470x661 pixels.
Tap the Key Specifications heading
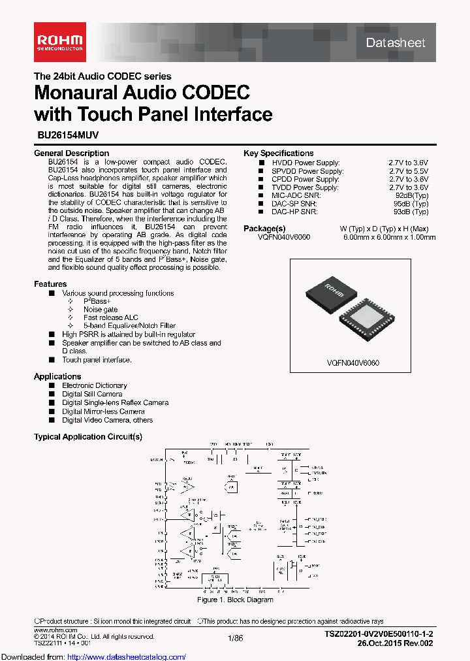[x=278, y=153]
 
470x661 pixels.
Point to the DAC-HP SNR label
[x=294, y=212]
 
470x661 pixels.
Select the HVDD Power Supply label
[x=305, y=163]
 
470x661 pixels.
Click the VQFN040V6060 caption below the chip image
[x=353, y=363]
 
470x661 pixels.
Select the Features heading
[x=50, y=284]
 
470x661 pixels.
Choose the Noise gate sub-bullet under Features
[x=101, y=310]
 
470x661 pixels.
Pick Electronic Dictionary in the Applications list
[x=95, y=386]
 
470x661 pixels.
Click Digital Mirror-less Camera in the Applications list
[x=103, y=411]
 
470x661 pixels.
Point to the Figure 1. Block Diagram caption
[x=235, y=600]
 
